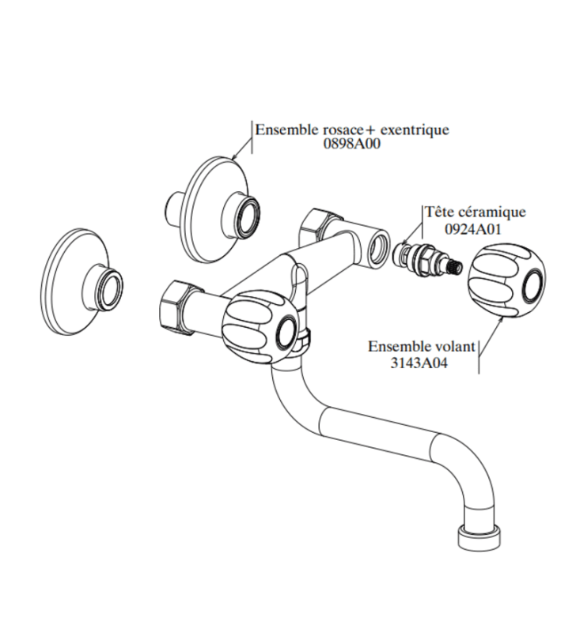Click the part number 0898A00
pyautogui.click(x=351, y=144)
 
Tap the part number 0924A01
pyautogui.click(x=473, y=229)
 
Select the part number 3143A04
pyautogui.click(x=419, y=363)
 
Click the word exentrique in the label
pyautogui.click(x=415, y=130)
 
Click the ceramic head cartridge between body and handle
pyautogui.click(x=428, y=261)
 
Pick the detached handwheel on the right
pyautogui.click(x=506, y=281)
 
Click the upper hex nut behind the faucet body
pyautogui.click(x=316, y=229)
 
